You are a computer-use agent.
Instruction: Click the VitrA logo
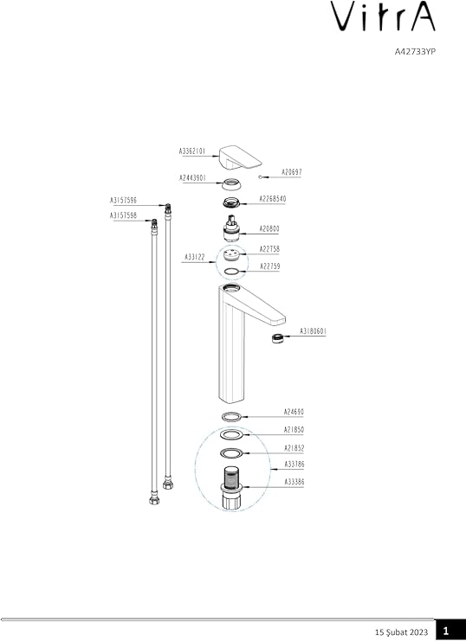pos(383,16)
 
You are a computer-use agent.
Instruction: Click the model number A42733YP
pos(415,52)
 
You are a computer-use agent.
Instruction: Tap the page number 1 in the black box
pos(445,631)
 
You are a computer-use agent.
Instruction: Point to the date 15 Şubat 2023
pos(401,632)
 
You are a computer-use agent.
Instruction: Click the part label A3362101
pos(192,151)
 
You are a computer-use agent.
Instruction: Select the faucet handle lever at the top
pos(241,157)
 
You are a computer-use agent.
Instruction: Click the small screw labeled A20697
pos(261,176)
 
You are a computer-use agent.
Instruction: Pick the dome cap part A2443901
pos(232,183)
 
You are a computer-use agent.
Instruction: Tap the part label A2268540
pos(273,199)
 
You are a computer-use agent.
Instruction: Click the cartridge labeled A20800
pos(232,230)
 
